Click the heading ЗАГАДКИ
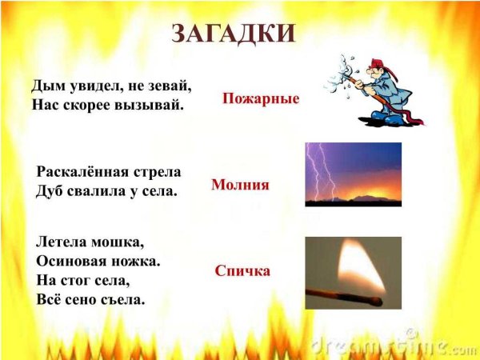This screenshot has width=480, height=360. [234, 34]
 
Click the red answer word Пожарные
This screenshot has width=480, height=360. [261, 99]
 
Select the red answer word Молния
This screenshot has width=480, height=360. [240, 185]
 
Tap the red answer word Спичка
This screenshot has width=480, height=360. [242, 271]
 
